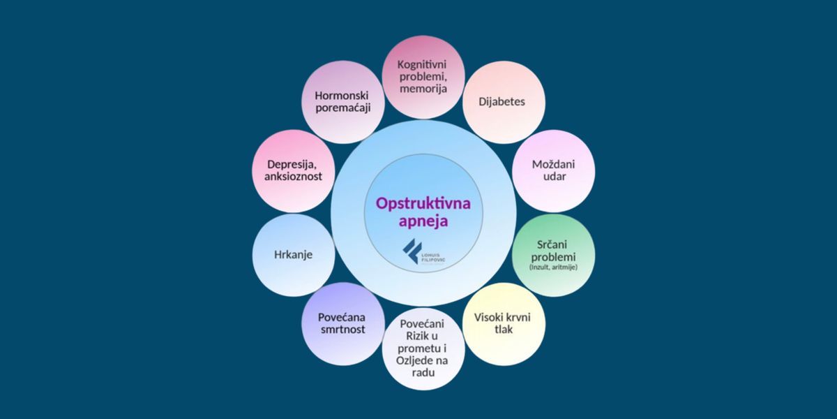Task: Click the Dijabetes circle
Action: (502, 102)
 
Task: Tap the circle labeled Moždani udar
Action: (553, 171)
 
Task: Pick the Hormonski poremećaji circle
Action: (342, 102)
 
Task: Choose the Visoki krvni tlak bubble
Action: (502, 323)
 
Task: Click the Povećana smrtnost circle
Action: (342, 323)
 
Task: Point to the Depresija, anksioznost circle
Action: (294, 171)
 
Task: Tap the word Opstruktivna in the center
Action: (423, 203)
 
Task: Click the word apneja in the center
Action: (423, 221)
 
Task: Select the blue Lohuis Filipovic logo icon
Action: (414, 251)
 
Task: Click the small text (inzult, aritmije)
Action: (553, 268)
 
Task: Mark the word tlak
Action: (502, 330)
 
